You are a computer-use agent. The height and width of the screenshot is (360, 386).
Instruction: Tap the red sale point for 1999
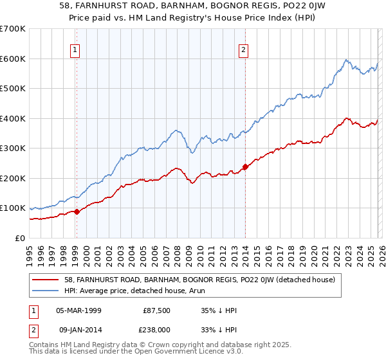(x=77, y=212)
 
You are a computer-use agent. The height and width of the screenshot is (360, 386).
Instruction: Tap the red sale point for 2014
(x=245, y=166)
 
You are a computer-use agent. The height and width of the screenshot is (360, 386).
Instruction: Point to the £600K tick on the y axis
(x=13, y=59)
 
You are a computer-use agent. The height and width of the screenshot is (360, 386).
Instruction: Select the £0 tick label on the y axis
(x=21, y=238)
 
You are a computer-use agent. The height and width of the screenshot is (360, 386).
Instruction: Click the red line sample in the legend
(x=46, y=280)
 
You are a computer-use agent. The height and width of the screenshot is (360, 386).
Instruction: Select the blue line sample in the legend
(x=46, y=291)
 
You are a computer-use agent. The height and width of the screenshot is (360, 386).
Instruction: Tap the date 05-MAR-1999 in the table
(x=78, y=309)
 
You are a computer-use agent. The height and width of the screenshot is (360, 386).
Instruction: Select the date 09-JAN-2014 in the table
(x=78, y=330)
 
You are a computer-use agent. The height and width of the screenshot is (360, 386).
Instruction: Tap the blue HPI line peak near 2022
(x=345, y=60)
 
